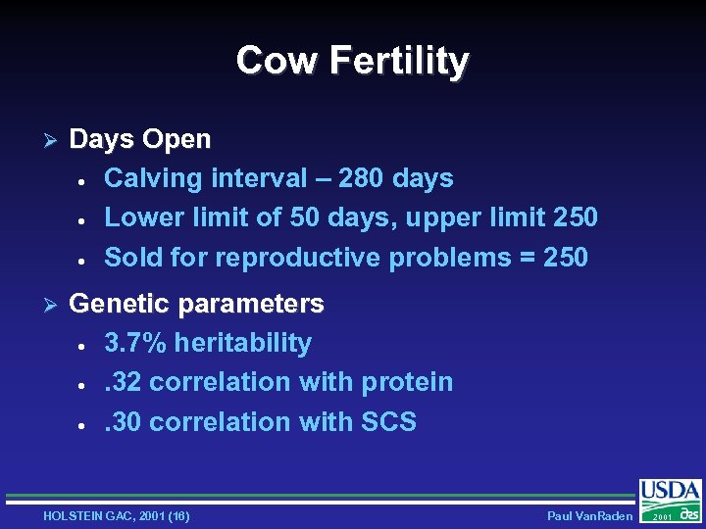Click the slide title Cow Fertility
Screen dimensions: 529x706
tap(352, 61)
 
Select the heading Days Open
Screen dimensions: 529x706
tap(140, 139)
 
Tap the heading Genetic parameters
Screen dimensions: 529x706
tap(196, 304)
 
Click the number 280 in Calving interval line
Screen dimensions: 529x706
tap(363, 178)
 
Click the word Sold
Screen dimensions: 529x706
tap(131, 258)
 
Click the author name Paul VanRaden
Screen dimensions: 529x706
tap(589, 515)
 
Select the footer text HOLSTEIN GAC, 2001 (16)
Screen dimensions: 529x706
tap(117, 515)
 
